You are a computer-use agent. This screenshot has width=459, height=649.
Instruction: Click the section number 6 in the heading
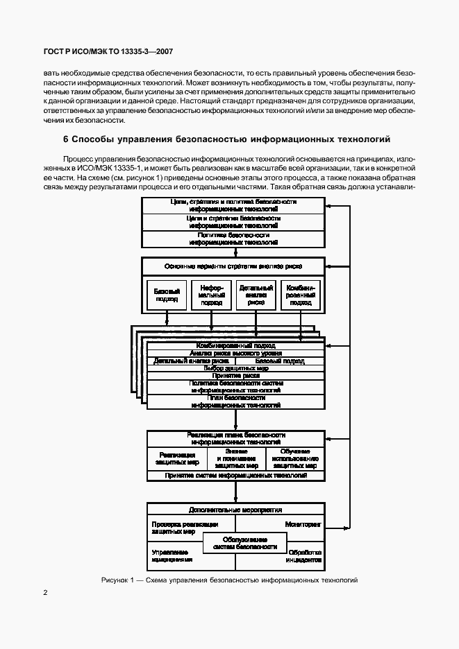(x=65, y=139)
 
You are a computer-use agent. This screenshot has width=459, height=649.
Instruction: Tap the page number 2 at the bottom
(x=45, y=593)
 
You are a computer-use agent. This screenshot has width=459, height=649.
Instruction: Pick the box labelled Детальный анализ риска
(x=256, y=295)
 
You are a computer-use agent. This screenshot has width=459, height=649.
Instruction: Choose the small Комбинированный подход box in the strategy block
(x=300, y=295)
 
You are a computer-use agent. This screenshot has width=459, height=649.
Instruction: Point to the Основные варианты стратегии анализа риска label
(x=233, y=266)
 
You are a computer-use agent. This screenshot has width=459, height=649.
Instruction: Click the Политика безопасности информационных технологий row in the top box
(x=233, y=239)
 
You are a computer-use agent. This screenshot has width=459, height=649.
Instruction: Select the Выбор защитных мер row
(x=233, y=368)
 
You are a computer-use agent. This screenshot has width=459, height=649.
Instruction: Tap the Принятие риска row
(x=233, y=375)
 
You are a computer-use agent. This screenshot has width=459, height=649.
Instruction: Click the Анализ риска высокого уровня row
(x=233, y=353)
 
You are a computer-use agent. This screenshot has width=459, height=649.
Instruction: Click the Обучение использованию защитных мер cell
(x=295, y=458)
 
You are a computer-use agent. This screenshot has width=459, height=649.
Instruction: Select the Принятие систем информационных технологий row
(x=233, y=476)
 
